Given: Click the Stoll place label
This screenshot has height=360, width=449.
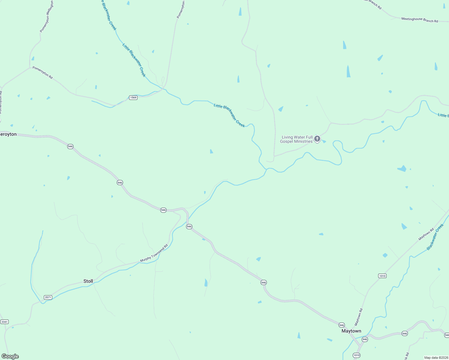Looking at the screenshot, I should [x=88, y=281].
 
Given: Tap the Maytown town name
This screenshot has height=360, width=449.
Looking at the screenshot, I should [x=351, y=331].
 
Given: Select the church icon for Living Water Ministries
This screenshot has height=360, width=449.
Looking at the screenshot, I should [x=317, y=139].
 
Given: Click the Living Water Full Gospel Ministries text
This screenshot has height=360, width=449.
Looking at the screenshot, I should [x=296, y=139].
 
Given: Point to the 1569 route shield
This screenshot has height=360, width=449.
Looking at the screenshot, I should [x=133, y=97].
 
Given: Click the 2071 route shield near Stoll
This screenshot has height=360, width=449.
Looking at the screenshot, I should [x=48, y=297].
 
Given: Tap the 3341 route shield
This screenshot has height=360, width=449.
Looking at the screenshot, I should [x=5, y=322].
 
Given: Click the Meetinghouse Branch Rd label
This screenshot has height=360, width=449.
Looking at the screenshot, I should [x=420, y=20].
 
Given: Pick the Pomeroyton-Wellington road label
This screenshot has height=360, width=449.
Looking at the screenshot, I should [x=47, y=16].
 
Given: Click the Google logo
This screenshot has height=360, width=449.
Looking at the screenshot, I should [x=10, y=356].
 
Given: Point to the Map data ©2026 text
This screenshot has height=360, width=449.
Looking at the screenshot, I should [x=435, y=358].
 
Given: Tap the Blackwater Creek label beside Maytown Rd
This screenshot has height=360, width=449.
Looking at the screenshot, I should [x=435, y=237].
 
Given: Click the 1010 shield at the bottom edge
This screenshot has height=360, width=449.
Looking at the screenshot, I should [x=356, y=355].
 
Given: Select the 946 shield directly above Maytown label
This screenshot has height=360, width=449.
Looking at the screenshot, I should [x=342, y=325].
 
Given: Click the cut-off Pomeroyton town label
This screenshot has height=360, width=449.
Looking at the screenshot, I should [x=8, y=134].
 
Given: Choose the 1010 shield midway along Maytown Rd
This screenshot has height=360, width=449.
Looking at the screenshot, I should [x=382, y=276].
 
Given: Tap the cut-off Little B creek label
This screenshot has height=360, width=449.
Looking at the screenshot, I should [x=443, y=115].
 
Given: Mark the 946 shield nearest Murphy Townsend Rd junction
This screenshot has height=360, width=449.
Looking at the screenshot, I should [x=189, y=226].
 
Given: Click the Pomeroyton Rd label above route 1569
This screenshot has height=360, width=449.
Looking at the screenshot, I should [x=43, y=73].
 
